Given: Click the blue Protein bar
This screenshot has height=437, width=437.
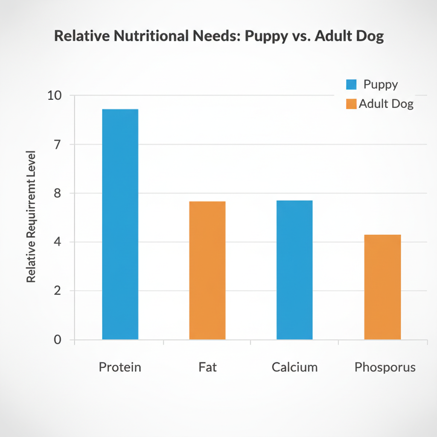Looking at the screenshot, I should pos(120,224).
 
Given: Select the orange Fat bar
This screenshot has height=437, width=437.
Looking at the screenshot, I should pos(207,270).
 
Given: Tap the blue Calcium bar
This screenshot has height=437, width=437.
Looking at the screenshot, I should pos(294,270).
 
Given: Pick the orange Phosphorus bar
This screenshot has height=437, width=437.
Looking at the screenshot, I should pos(382,287).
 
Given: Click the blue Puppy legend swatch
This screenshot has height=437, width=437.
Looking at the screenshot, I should pos(351,84).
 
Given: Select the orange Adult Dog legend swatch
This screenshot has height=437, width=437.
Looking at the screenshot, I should pos(351,104).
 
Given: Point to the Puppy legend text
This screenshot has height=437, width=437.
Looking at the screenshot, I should pos(381,84).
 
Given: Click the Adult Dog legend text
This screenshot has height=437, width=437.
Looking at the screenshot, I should pos(386,104).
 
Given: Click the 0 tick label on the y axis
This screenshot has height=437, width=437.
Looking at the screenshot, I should pos(58,340).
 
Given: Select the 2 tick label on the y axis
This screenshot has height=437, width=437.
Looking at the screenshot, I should pos(58,291).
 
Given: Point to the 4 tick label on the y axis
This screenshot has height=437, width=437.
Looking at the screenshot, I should pos(58,242).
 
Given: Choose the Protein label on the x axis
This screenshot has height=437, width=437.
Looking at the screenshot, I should pos(120,367).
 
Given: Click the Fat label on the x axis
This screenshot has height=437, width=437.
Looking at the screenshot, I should pos(207,367).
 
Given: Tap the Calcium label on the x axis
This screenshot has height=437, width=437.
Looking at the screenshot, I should pos(294,367).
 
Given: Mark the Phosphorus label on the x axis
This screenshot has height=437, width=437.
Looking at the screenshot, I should pos(385,367).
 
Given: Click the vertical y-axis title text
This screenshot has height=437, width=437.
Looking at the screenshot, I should pos(31,217).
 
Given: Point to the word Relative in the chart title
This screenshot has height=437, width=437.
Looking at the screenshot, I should pos(80,36).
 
